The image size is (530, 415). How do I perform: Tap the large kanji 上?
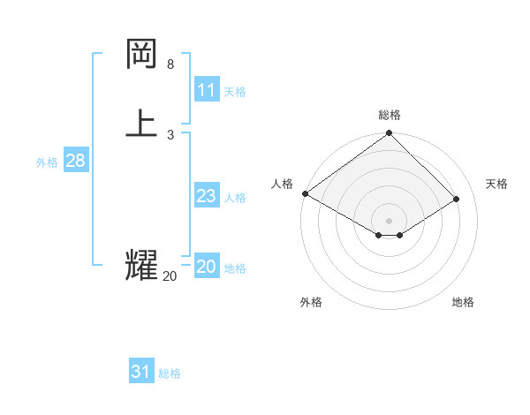tap(142, 123)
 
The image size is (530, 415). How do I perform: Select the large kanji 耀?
tap(142, 266)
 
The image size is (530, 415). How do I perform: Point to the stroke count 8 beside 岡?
tap(170, 64)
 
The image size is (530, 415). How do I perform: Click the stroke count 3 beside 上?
tap(170, 134)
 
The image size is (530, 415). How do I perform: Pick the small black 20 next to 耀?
tap(170, 276)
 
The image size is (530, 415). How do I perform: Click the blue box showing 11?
tap(207, 90)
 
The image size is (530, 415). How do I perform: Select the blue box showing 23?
tap(207, 196)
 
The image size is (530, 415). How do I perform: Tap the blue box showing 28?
tap(75, 161)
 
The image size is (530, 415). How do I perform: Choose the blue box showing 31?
tap(141, 372)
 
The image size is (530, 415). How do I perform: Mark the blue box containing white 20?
tap(207, 267)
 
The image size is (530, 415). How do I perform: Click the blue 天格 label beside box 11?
tap(235, 92)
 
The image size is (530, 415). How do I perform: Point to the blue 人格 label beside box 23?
tap(235, 198)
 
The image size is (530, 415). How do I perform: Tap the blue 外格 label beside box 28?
tap(47, 162)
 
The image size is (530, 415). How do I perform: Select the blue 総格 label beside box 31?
tap(170, 373)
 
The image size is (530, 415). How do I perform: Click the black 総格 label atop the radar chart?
tap(390, 115)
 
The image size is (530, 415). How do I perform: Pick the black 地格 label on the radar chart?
tap(463, 302)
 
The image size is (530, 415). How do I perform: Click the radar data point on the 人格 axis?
tap(305, 193)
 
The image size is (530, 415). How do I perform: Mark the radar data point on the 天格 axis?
tap(457, 199)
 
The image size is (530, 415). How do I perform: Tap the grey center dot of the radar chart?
tap(390, 221)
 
